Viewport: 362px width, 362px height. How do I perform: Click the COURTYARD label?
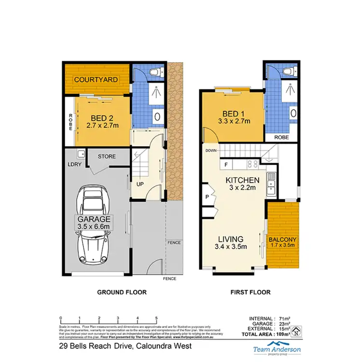click(96, 80)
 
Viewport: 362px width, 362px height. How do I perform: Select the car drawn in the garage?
click(96, 221)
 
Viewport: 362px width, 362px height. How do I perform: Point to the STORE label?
click(106, 157)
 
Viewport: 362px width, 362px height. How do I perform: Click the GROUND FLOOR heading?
click(122, 292)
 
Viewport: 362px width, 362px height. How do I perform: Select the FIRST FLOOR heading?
click(251, 292)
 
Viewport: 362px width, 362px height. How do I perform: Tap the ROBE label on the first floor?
click(281, 137)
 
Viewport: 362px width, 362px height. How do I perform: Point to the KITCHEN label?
click(243, 180)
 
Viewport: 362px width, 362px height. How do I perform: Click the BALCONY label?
click(283, 239)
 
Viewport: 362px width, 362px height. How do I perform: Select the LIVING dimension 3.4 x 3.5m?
click(231, 247)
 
